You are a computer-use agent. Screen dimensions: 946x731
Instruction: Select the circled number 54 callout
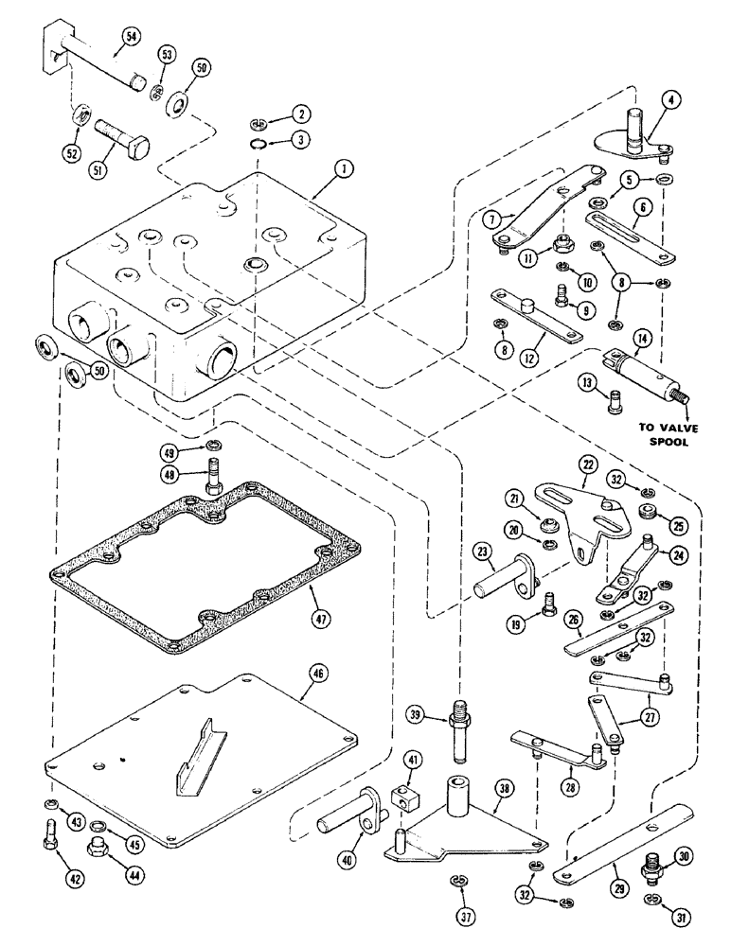(x=130, y=38)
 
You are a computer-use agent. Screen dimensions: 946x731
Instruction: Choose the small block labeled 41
(x=400, y=797)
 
